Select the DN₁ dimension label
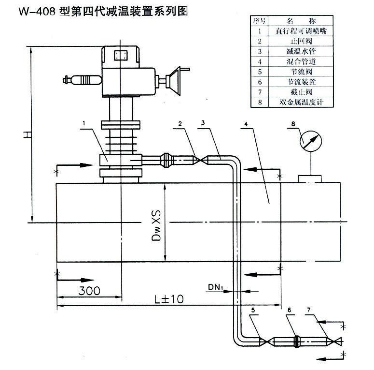click(216, 287)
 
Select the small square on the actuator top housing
click(119, 55)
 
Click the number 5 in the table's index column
click(259, 72)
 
